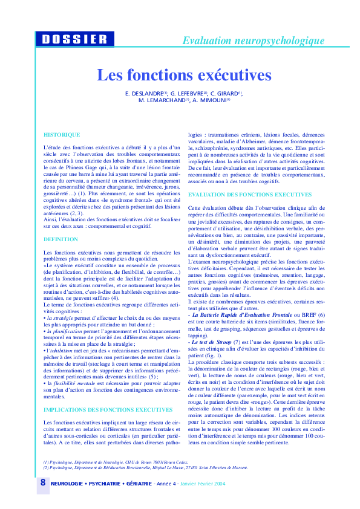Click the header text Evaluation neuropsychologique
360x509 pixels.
[x=254, y=41]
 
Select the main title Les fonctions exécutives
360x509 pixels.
[x=185, y=76]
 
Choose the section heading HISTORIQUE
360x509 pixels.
[x=62, y=134]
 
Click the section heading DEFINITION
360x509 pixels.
[x=61, y=239]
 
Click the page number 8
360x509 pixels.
[x=42, y=482]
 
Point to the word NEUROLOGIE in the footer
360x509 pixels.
[x=67, y=484]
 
